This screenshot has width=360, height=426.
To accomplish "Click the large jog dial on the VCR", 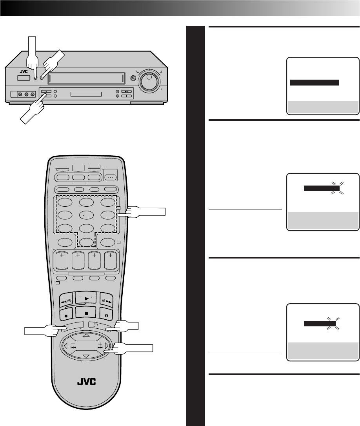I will tap(149, 80).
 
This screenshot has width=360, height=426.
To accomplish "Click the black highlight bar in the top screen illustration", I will tap(314, 82).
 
